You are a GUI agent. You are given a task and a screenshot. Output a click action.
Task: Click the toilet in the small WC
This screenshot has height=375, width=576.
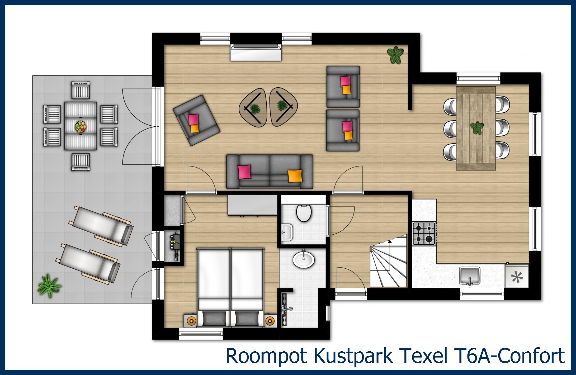tap(304, 213)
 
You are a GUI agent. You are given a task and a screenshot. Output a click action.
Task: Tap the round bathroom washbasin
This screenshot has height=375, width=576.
tap(303, 259)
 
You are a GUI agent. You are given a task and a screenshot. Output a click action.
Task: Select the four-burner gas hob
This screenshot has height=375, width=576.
tap(424, 234)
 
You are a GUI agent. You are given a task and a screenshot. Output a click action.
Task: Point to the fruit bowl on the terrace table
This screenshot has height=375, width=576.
tap(80, 127)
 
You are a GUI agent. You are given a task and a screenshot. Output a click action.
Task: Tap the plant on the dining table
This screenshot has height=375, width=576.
tap(477, 128)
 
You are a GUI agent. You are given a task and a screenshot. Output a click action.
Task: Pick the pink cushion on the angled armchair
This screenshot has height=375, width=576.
tap(193, 120)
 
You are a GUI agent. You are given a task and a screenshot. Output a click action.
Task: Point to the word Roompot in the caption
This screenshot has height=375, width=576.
tap(266, 356)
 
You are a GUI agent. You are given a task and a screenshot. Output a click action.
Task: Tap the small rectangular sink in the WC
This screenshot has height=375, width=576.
tap(286, 232)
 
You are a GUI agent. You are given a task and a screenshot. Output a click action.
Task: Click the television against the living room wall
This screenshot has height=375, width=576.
tap(256, 52)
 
